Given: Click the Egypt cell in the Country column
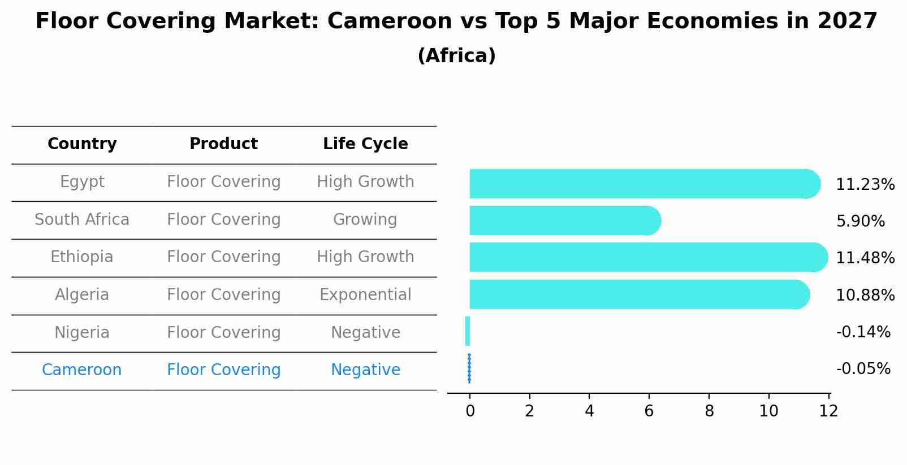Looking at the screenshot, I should (82, 182).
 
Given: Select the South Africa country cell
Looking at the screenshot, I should (82, 220).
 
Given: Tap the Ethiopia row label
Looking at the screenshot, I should (82, 257).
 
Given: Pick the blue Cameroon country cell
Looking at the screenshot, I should (82, 370).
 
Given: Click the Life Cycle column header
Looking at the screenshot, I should (365, 144).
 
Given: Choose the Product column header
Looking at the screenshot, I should (223, 144).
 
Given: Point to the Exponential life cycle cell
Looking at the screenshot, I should (365, 295).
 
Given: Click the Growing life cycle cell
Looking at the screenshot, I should (365, 220).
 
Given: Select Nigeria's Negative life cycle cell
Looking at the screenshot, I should (365, 333).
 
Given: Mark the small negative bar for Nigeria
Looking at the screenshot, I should (468, 331).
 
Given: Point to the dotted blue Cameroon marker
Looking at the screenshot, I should (469, 368).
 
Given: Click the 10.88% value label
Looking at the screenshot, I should (865, 295).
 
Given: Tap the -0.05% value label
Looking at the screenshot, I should (863, 369).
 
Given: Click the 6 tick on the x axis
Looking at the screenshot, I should (649, 411).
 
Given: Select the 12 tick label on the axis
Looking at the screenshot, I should (828, 411).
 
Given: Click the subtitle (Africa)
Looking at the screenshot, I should (456, 56).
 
